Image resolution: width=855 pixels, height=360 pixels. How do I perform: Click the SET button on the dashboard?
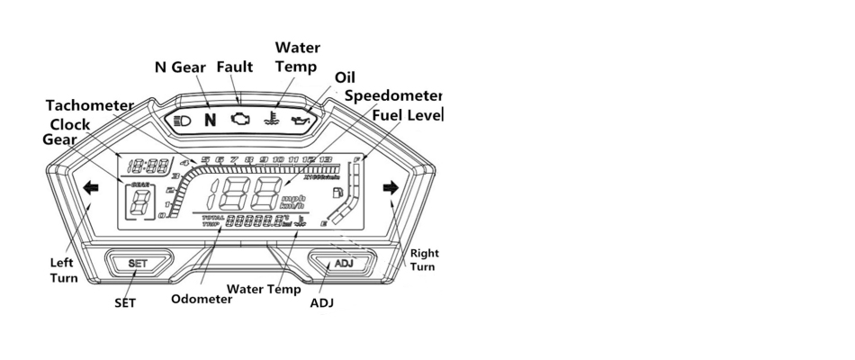pos(138,263)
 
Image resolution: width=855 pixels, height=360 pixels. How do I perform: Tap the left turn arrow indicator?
pos(90,189)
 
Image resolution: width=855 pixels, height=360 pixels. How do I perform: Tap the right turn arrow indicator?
pos(390,188)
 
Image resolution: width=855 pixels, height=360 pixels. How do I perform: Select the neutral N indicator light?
pos(211,119)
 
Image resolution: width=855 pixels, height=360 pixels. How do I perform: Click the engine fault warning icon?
pos(240,119)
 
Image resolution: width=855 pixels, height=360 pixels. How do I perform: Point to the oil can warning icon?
pos(301,119)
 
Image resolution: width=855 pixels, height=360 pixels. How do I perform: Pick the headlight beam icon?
pos(181,119)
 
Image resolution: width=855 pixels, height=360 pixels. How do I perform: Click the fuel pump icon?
pos(337,192)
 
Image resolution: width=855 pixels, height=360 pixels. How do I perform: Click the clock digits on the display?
pos(149,166)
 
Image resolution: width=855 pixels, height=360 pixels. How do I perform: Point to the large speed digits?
pos(243,193)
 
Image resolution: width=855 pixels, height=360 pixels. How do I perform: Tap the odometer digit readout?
pos(256,220)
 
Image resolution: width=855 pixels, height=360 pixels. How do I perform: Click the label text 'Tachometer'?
pos(89,105)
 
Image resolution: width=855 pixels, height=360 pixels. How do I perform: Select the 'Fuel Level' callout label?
pos(407,115)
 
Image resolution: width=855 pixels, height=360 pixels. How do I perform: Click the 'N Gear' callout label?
pos(182,67)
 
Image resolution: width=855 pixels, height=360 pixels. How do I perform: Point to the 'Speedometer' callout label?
pos(393,95)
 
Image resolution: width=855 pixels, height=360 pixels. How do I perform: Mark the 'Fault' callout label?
pos(234,67)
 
